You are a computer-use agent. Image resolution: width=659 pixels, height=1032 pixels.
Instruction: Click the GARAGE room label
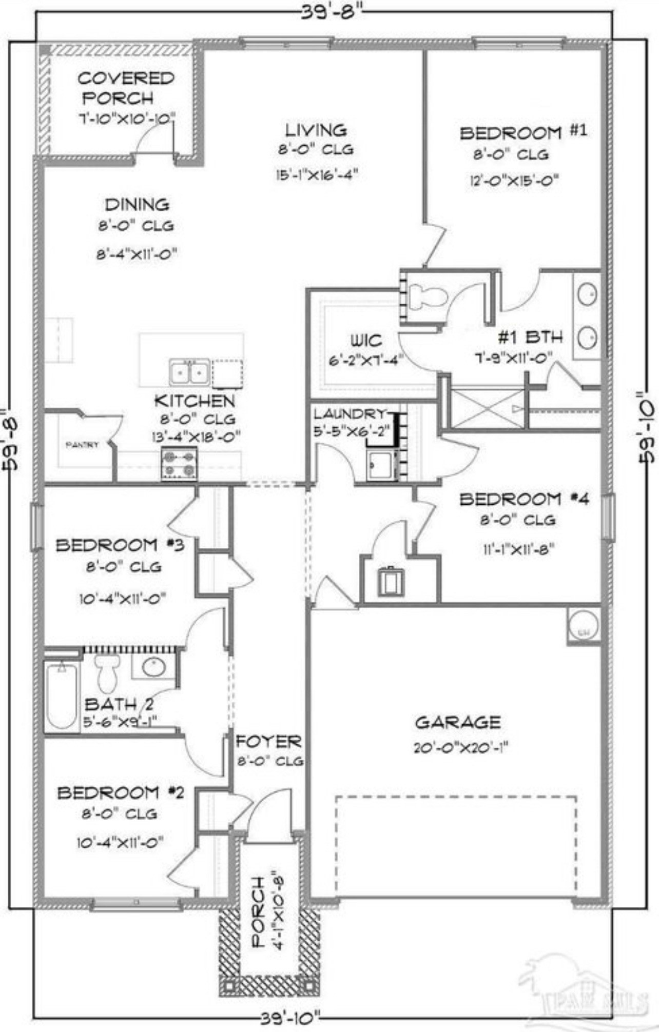pyautogui.click(x=457, y=723)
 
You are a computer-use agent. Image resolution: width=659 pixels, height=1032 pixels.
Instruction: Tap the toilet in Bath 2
pyautogui.click(x=108, y=672)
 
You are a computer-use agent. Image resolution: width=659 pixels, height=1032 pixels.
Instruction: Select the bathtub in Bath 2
pyautogui.click(x=61, y=696)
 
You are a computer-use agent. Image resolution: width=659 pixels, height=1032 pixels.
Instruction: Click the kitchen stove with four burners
pyautogui.click(x=179, y=463)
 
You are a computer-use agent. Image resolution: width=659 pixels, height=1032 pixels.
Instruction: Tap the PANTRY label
pyautogui.click(x=82, y=445)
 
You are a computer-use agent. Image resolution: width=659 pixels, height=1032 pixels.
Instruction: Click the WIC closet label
pyautogui.click(x=366, y=340)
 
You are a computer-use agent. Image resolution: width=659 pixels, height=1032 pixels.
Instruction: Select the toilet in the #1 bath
pyautogui.click(x=427, y=296)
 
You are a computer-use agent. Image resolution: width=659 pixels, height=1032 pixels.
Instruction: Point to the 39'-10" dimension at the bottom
pyautogui.click(x=290, y=1017)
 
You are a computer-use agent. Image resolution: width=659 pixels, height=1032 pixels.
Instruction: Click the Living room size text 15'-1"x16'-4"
pyautogui.click(x=316, y=174)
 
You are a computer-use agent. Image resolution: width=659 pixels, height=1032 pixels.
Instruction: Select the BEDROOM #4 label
pyautogui.click(x=524, y=499)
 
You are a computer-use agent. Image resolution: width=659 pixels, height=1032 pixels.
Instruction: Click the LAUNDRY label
pyautogui.click(x=350, y=413)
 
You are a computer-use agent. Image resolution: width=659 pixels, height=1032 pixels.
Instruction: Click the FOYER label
pyautogui.click(x=268, y=742)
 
